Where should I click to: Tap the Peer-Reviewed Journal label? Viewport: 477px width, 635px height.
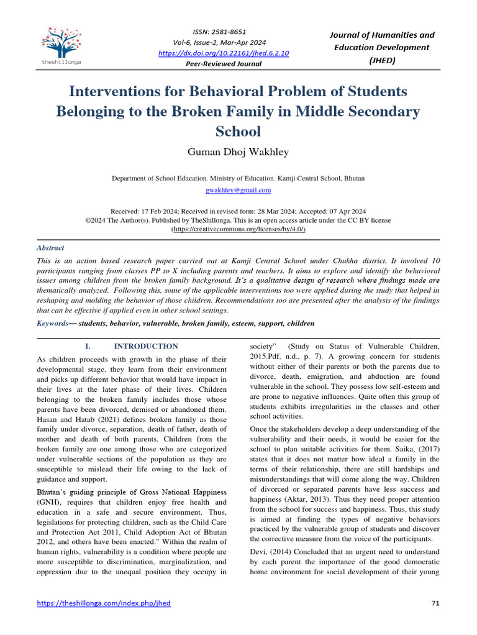(x=224, y=64)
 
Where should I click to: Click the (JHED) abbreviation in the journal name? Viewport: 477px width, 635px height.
(x=382, y=60)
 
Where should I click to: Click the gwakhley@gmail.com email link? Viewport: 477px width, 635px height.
(x=238, y=190)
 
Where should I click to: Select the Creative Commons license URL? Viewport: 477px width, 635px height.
(x=238, y=229)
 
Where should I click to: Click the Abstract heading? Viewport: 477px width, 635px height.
(x=50, y=248)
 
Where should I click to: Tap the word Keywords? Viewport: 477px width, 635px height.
(x=53, y=323)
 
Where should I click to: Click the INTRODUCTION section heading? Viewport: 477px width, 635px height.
(x=145, y=346)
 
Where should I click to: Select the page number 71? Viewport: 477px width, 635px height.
(x=435, y=603)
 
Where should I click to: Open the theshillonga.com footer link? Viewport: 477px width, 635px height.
(x=104, y=603)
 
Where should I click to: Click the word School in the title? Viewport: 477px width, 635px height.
(x=238, y=131)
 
